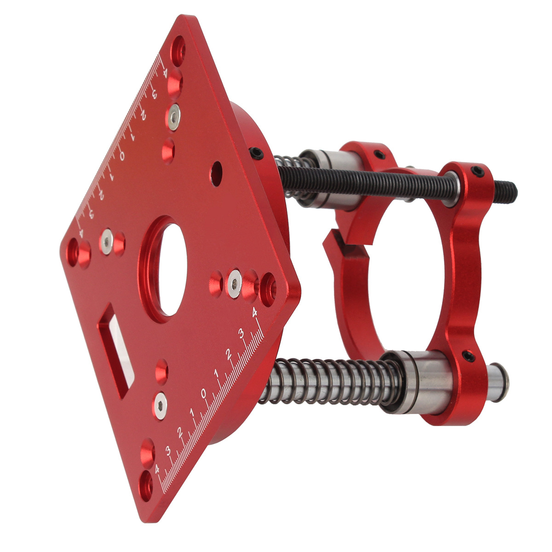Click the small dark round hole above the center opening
coord(217,174)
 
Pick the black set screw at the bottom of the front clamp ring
coord(469,356)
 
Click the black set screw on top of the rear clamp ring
coord(379,155)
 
